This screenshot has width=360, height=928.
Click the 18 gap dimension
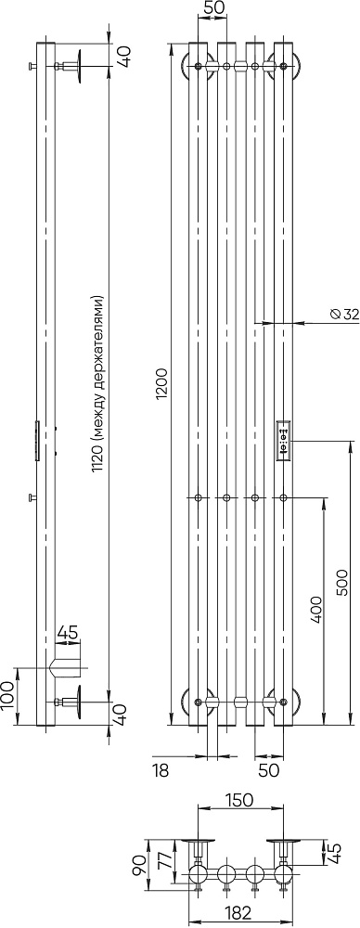pyautogui.click(x=161, y=770)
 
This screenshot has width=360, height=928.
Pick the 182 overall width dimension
pyautogui.click(x=239, y=912)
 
